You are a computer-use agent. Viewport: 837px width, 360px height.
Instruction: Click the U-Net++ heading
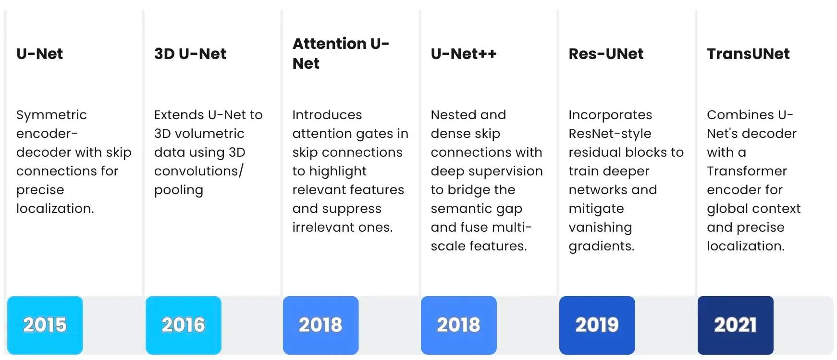[x=463, y=54]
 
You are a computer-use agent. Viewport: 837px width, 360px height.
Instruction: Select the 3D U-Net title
[x=190, y=54]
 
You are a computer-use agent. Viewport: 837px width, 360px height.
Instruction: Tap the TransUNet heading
[x=748, y=54]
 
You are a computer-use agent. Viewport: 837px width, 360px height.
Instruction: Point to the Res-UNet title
[x=605, y=54]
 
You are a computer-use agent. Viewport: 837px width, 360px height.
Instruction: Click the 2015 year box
[x=45, y=325]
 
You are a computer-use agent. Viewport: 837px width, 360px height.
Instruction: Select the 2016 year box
[x=183, y=325]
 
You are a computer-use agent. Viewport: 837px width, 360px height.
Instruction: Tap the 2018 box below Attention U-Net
[x=320, y=325]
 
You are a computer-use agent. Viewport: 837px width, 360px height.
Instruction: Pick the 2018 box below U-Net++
[x=458, y=325]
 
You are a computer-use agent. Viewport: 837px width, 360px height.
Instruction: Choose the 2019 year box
[x=597, y=325]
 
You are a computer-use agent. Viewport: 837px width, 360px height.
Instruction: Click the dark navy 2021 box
[x=735, y=325]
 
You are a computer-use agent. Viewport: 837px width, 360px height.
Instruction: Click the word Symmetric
[x=51, y=115]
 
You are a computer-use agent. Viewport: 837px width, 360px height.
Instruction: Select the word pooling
[x=178, y=190]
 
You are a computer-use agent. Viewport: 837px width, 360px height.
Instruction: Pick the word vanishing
[x=600, y=228]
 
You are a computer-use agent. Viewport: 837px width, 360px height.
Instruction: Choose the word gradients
[x=601, y=247]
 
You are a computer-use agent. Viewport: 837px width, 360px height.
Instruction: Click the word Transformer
[x=747, y=171]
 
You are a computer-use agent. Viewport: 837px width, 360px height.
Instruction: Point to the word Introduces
[x=327, y=115]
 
